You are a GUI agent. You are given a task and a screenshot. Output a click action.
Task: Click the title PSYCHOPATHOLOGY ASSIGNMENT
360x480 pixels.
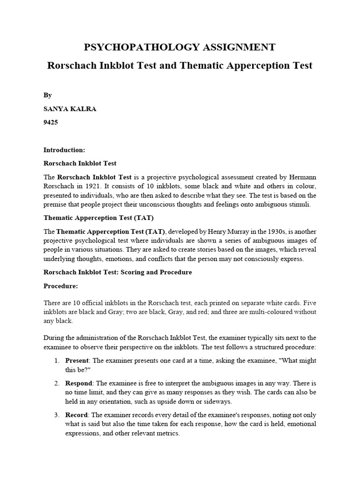click(x=180, y=47)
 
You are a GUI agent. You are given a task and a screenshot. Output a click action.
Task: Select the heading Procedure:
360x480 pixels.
click(x=60, y=286)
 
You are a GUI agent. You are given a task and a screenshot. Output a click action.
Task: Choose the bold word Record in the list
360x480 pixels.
click(x=76, y=415)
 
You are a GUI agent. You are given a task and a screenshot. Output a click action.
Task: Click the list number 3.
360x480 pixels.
click(x=56, y=415)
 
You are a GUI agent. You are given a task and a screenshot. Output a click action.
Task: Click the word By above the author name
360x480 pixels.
click(x=47, y=95)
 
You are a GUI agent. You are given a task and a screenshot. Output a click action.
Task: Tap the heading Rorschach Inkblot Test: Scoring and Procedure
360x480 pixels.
click(x=118, y=272)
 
